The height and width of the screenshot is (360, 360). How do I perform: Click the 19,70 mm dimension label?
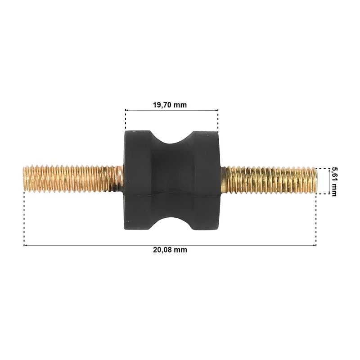point(170,105)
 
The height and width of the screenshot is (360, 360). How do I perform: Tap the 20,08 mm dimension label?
point(170,250)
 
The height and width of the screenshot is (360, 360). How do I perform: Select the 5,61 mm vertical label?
point(333,182)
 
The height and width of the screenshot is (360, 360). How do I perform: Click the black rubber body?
point(172,180)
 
